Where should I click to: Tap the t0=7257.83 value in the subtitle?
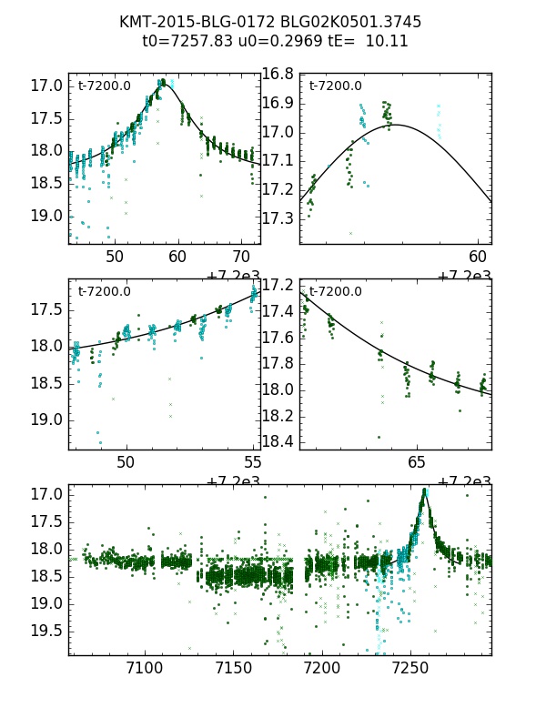click(x=186, y=41)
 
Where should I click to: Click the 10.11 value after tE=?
click(x=387, y=41)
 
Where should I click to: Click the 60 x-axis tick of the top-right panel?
click(x=479, y=258)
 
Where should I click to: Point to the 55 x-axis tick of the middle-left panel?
click(x=254, y=462)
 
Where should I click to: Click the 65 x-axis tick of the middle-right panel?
click(x=416, y=462)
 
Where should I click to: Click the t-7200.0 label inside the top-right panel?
click(x=335, y=86)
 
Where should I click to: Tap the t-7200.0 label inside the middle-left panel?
click(x=104, y=292)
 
